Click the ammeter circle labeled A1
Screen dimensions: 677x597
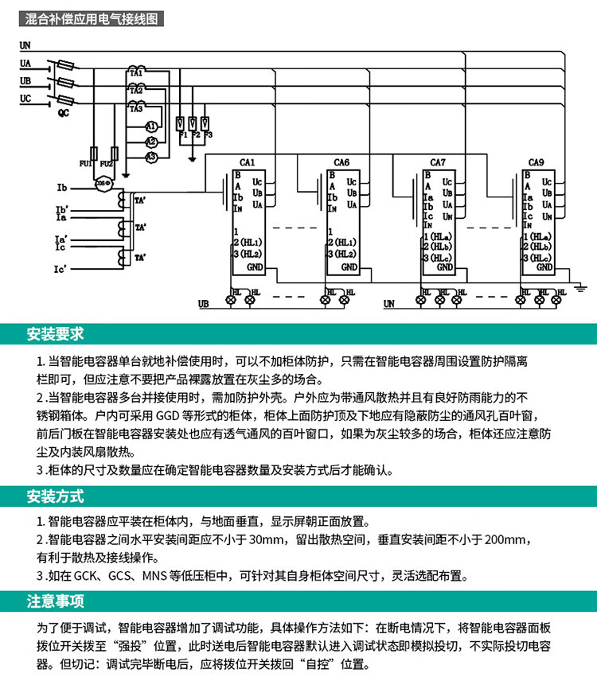coord(150,126)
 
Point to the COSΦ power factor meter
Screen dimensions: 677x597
coord(102,183)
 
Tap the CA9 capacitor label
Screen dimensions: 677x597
coord(536,162)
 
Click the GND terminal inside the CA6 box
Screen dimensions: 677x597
coord(349,267)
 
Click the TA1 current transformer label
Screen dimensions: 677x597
coord(135,73)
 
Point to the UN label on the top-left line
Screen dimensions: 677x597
coord(25,47)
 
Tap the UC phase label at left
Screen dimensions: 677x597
coord(26,98)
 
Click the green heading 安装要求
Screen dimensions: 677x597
coord(55,333)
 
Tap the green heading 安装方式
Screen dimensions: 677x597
coord(55,497)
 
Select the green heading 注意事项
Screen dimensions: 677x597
coord(55,601)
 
